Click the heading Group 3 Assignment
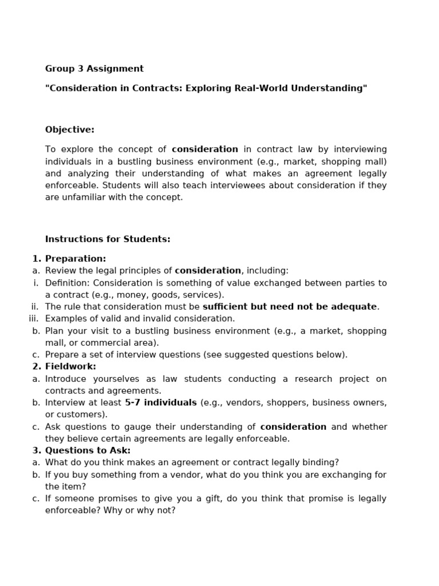pos(94,69)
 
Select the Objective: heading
pos(70,130)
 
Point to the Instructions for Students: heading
pos(107,239)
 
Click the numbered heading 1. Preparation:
pos(69,259)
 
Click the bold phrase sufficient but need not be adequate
pos(290,307)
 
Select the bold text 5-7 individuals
pos(161,403)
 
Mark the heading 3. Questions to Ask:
pos(82,450)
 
